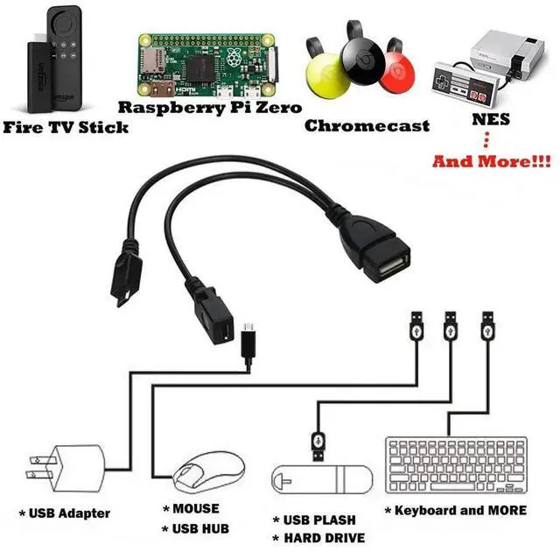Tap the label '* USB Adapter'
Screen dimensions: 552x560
pyautogui.click(x=65, y=513)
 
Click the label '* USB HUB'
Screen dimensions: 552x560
pyautogui.click(x=195, y=528)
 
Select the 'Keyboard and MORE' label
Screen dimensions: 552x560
pyautogui.click(x=456, y=510)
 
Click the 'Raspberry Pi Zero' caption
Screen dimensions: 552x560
pyautogui.click(x=210, y=108)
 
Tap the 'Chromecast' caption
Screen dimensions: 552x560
pyautogui.click(x=367, y=126)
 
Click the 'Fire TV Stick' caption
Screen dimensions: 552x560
pyautogui.click(x=66, y=128)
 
